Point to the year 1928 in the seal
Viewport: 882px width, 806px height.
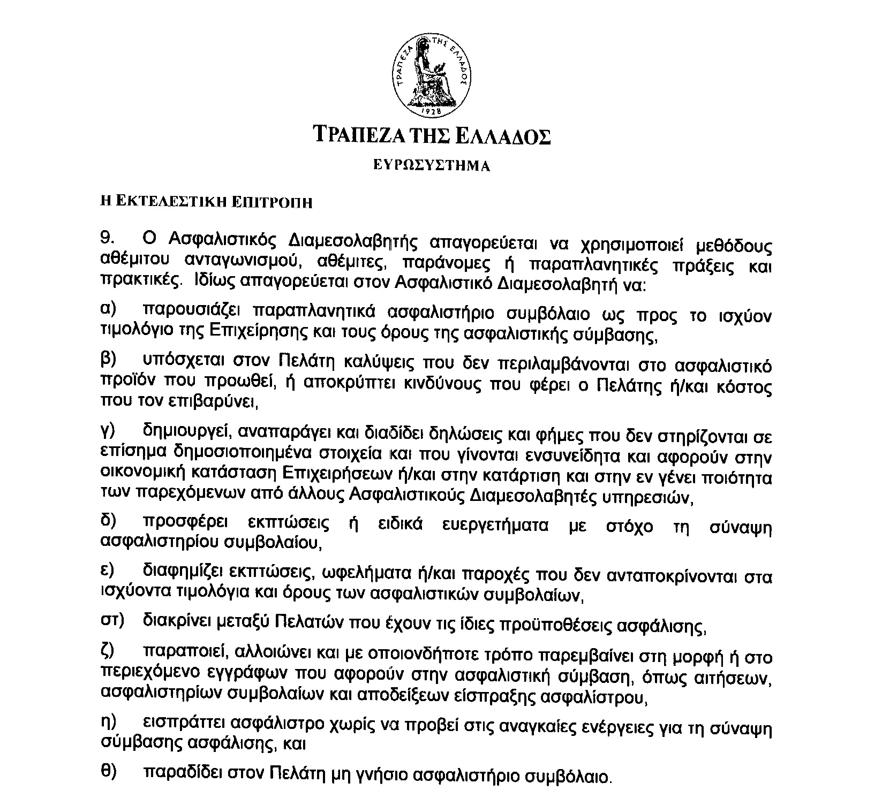coord(433,111)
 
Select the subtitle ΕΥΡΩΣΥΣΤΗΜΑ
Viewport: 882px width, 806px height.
coord(432,165)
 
